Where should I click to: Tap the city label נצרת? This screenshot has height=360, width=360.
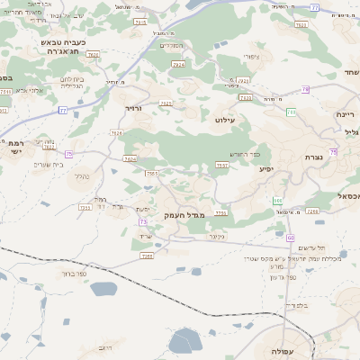coord(314,157)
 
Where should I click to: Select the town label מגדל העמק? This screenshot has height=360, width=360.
coord(185,216)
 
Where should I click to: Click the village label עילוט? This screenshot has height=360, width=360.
coord(225,119)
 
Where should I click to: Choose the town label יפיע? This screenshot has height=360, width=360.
coord(265,168)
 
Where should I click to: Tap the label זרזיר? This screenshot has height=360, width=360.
coord(133,108)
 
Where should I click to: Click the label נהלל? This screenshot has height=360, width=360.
coord(80,176)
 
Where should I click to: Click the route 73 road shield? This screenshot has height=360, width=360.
coord(143,221)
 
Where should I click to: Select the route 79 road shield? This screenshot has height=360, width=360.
coord(305,89)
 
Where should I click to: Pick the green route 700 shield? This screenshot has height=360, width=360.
coord(291,112)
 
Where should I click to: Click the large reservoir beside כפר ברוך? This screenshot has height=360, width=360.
coord(103,289)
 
